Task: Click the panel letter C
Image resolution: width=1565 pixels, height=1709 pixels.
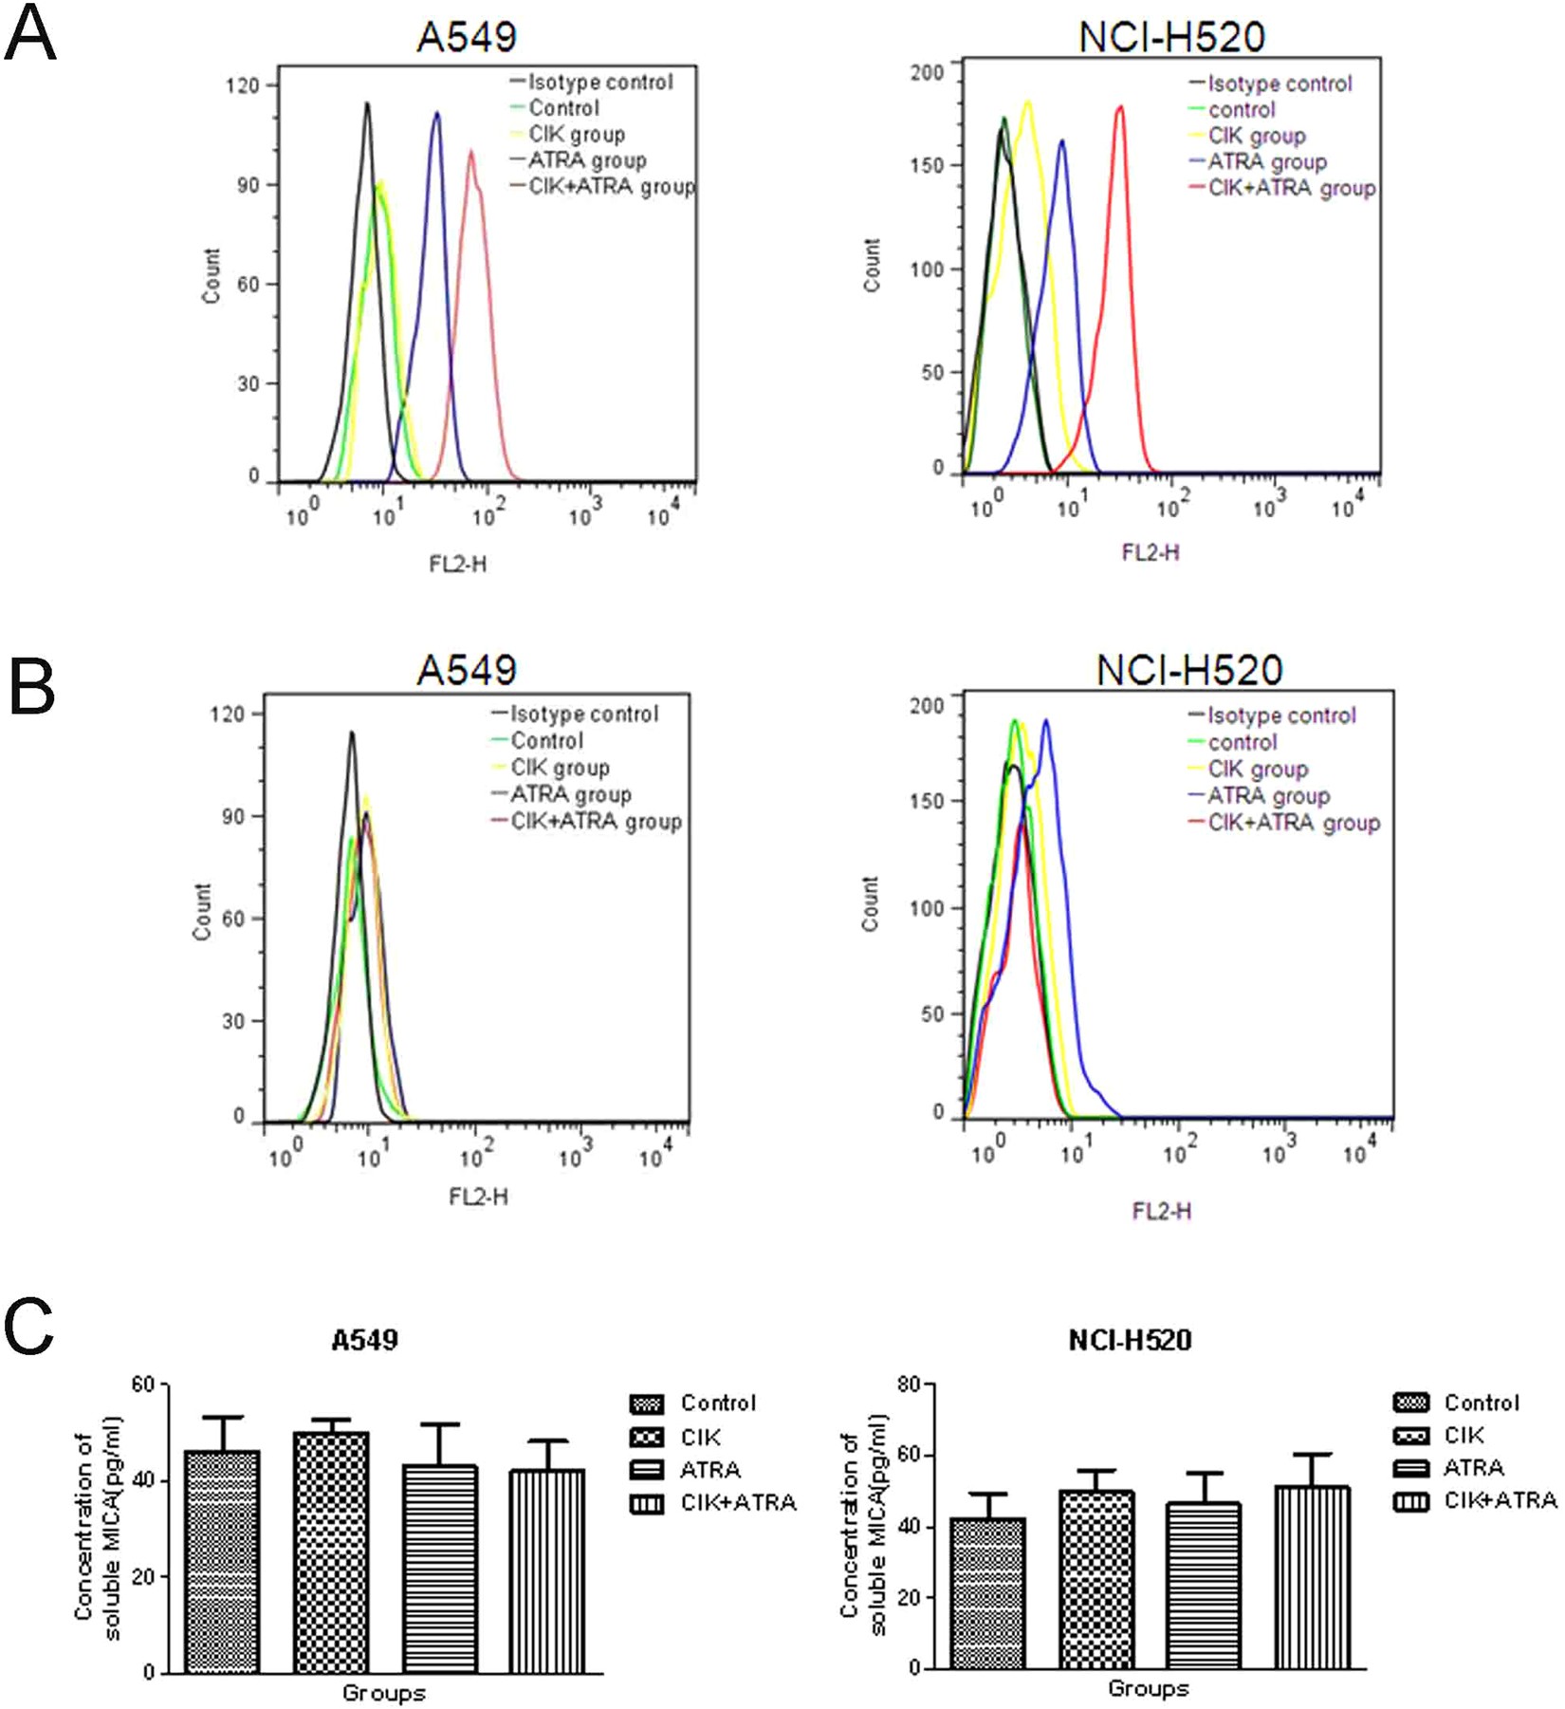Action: pyautogui.click(x=28, y=1326)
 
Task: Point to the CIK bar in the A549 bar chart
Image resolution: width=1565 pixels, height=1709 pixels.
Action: pyautogui.click(x=331, y=1553)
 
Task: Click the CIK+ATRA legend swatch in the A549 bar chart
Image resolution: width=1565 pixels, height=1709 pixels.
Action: pyautogui.click(x=647, y=1503)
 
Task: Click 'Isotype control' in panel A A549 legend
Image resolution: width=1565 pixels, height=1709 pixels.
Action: pyautogui.click(x=600, y=83)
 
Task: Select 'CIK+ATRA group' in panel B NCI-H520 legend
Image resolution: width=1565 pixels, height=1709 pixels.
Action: pyautogui.click(x=1293, y=823)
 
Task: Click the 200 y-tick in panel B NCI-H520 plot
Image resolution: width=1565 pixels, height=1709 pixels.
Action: pyautogui.click(x=927, y=706)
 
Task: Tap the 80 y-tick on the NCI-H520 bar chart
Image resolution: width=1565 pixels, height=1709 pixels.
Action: pyautogui.click(x=909, y=1385)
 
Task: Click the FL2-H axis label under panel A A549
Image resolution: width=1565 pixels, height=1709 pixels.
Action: pyautogui.click(x=457, y=565)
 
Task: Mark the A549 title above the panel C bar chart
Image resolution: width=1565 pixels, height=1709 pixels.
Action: pyautogui.click(x=365, y=1340)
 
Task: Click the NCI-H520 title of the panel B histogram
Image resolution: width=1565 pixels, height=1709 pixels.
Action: pyautogui.click(x=1189, y=670)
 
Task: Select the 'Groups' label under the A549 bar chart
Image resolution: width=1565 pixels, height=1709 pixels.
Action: pyautogui.click(x=383, y=1693)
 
